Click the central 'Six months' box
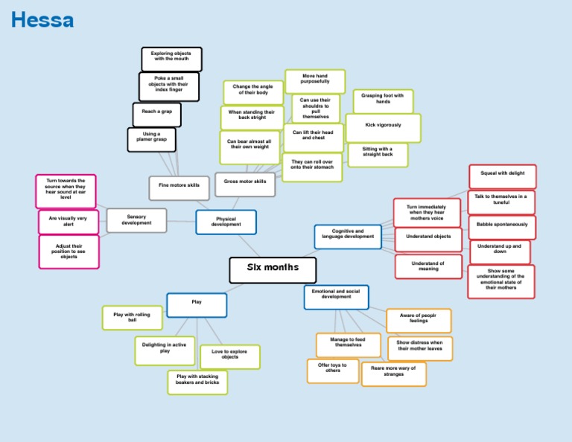point(273,270)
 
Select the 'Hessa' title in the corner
point(42,19)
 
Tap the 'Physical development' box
point(226,222)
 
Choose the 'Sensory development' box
point(137,220)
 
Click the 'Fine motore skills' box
point(179,188)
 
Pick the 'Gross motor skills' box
point(245,185)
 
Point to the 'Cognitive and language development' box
point(348,237)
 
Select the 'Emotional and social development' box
point(337,298)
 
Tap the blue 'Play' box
point(197,305)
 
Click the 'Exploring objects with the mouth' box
point(172,59)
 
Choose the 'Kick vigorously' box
point(384,128)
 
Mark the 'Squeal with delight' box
point(503,177)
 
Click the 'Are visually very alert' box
point(69,222)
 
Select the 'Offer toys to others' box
point(333,371)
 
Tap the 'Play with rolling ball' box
point(133,318)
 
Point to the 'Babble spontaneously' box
point(502,228)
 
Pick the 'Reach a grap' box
point(157,115)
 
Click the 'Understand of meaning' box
point(429,266)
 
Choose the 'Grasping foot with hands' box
point(383,101)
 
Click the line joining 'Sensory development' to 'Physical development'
point(181,221)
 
